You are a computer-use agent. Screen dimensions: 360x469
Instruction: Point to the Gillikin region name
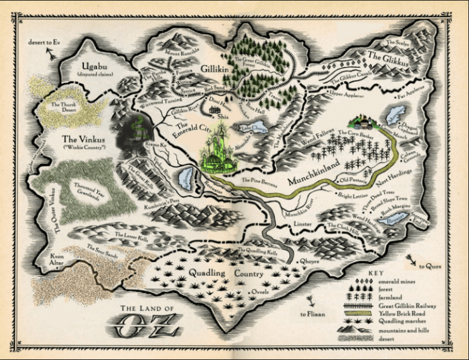tap(210, 67)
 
